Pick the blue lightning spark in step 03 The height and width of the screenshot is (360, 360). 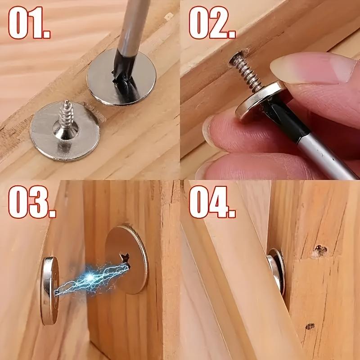(x=90, y=277)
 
